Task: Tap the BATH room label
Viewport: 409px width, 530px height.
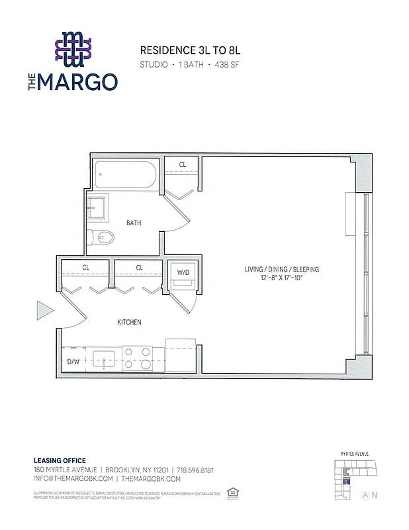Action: [x=134, y=223]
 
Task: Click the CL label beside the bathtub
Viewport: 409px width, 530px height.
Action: [x=182, y=164]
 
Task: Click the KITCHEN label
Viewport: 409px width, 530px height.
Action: [x=129, y=323]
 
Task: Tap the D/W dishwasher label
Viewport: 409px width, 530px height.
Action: [x=73, y=362]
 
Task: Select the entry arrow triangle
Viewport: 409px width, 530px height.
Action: [x=44, y=309]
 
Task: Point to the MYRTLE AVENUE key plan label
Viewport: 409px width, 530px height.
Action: [x=355, y=454]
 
